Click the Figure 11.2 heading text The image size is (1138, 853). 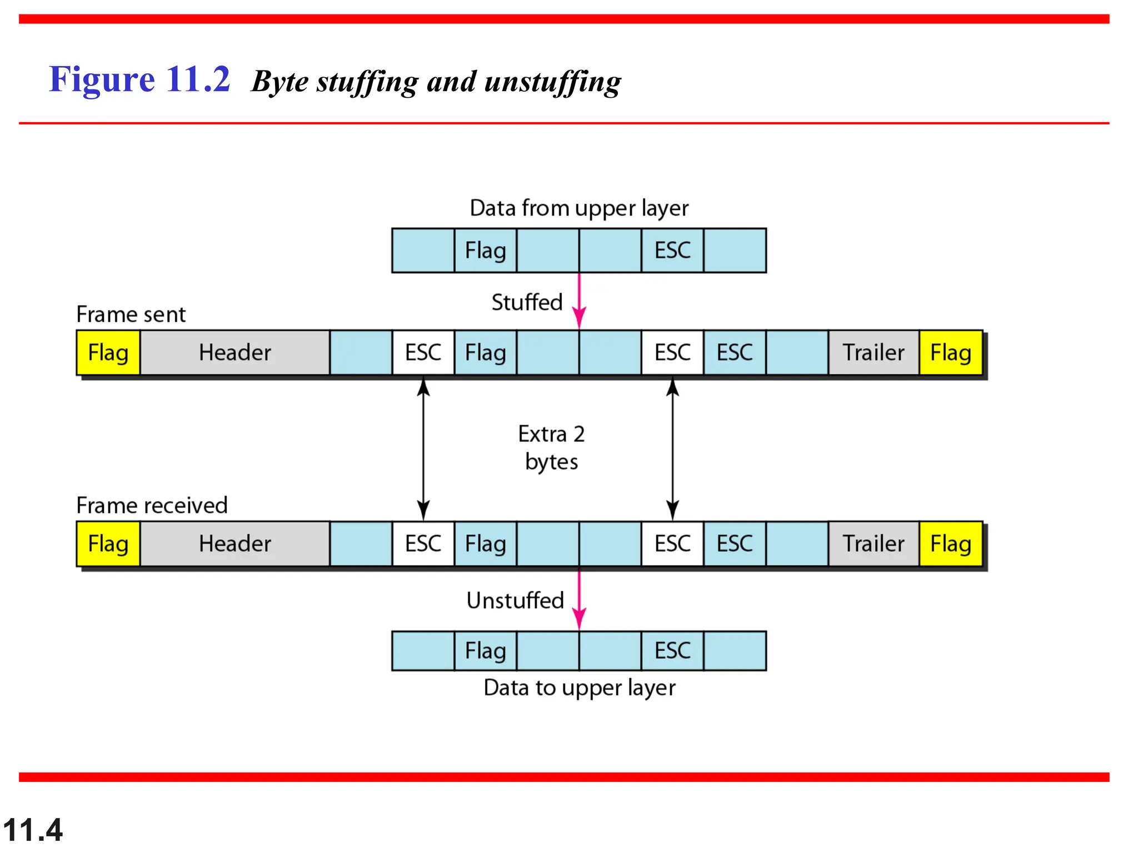(139, 79)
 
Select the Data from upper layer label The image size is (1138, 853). (578, 208)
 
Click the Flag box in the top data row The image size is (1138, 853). (485, 250)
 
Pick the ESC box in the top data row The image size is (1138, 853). (672, 250)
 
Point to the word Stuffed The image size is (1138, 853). (527, 303)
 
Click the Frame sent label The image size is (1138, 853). (131, 314)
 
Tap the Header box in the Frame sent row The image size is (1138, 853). (234, 353)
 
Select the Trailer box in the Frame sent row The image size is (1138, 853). (873, 353)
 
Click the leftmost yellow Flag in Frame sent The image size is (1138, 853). (108, 353)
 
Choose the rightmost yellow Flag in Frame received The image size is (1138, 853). (950, 544)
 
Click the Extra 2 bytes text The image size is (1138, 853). (551, 448)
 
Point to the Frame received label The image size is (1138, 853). (152, 505)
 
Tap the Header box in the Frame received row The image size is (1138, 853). (234, 544)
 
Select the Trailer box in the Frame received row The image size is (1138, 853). (873, 544)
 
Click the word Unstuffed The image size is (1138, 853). (515, 600)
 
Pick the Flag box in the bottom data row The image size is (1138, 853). (485, 651)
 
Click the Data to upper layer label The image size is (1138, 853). (579, 688)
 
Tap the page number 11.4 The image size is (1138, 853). (33, 830)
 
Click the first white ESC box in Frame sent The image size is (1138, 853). (423, 353)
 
